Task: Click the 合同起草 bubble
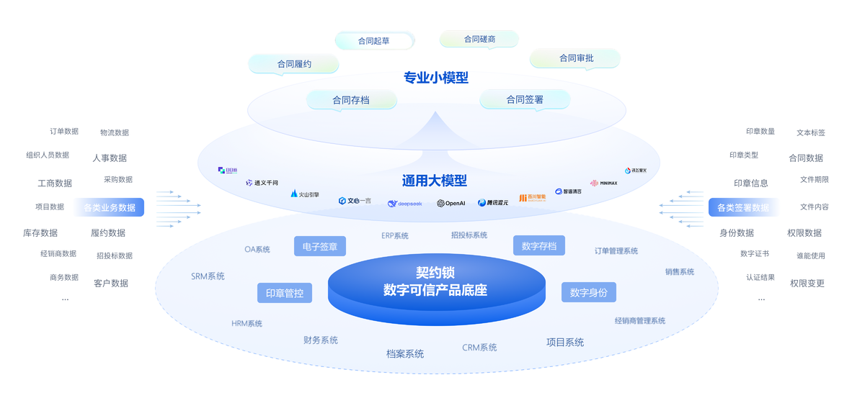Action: click(374, 41)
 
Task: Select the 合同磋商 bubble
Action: click(479, 39)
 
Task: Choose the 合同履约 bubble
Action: click(294, 64)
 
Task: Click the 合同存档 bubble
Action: click(351, 100)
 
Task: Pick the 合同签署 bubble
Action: click(525, 100)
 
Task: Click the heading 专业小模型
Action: click(436, 78)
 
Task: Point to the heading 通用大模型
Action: click(435, 181)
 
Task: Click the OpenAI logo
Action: click(451, 203)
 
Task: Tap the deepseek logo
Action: click(404, 204)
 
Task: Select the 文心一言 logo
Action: click(355, 201)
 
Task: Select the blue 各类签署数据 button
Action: click(742, 208)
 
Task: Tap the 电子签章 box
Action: click(320, 246)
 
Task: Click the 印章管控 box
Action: click(285, 294)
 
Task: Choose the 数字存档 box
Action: click(539, 246)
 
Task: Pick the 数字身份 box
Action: click(589, 292)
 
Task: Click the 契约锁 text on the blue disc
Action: click(435, 273)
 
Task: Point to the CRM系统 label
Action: click(479, 348)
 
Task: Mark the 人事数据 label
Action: click(110, 158)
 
